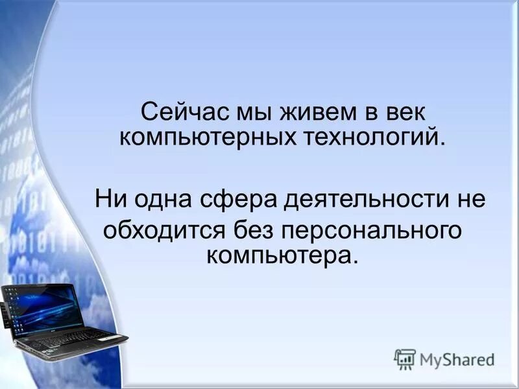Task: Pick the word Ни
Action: pyautogui.click(x=109, y=197)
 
